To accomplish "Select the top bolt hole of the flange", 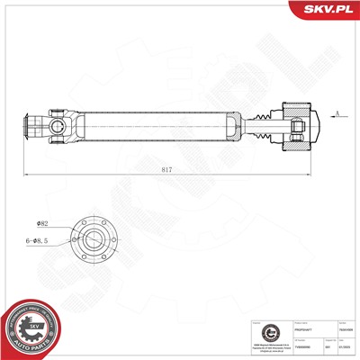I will (x=94, y=218).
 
